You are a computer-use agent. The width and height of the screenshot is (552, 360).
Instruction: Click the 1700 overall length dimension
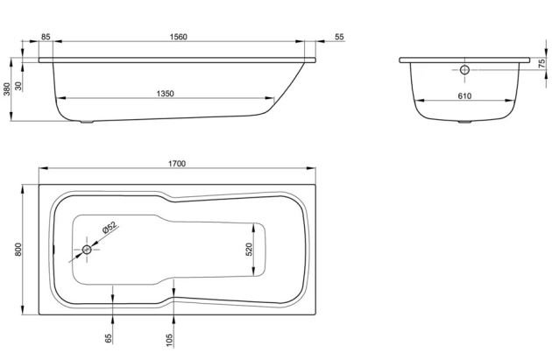(178, 165)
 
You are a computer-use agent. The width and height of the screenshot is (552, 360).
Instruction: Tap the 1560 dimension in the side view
(178, 38)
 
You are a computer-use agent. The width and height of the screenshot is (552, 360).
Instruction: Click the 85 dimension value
(46, 38)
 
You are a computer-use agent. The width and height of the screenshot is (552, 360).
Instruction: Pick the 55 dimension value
(339, 38)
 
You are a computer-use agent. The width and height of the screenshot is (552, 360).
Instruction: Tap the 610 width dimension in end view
(464, 95)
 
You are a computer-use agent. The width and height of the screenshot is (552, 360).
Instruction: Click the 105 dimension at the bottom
(171, 338)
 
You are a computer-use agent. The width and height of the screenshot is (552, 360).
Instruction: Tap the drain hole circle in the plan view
(87, 251)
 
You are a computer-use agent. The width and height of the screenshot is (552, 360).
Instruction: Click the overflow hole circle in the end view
(464, 67)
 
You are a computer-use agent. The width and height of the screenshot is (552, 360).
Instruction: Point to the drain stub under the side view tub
(86, 123)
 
